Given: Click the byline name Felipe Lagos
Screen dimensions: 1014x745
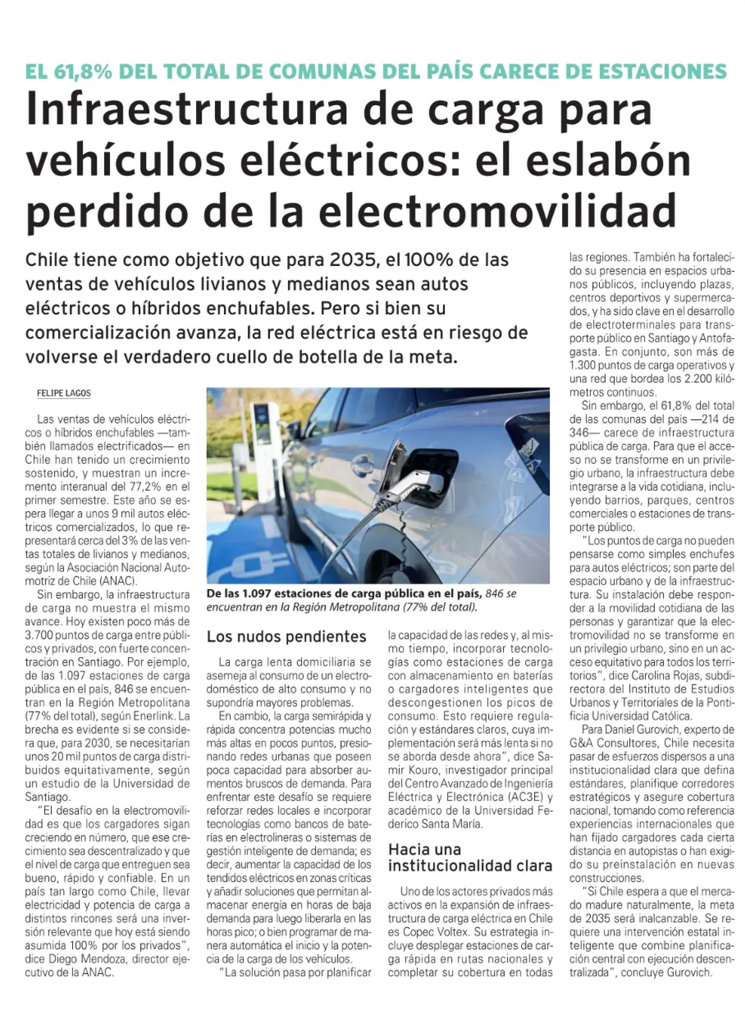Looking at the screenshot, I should point(64,394).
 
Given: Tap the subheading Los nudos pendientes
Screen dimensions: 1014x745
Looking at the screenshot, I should point(286,636).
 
